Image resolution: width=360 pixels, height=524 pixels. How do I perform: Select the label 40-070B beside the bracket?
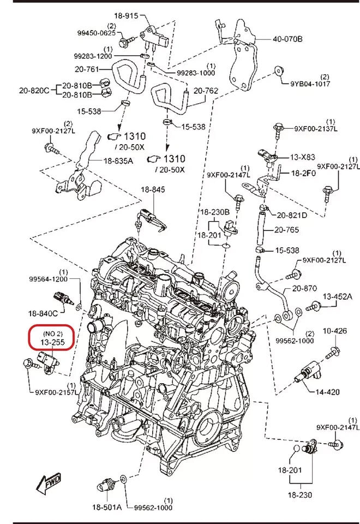click(288, 39)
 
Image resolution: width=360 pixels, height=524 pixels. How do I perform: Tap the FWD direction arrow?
click(48, 483)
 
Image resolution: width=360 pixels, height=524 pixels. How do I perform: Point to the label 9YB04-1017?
click(309, 84)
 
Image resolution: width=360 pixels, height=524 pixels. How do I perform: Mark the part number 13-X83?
click(303, 157)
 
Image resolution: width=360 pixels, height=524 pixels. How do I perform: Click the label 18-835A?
click(118, 160)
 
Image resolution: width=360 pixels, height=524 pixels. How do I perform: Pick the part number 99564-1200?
click(49, 279)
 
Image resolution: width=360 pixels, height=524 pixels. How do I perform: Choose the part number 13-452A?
click(338, 296)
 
